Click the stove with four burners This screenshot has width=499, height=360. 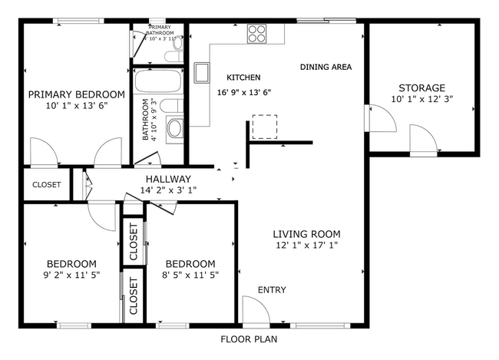[256, 34]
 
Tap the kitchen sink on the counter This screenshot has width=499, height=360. [203, 72]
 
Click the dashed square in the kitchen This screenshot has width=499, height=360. [265, 127]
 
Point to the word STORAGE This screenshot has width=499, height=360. [421, 88]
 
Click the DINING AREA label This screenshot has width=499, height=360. [326, 68]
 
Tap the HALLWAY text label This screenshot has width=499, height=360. [163, 180]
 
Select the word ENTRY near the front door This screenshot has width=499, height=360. [272, 289]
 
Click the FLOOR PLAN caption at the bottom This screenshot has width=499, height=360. [249, 339]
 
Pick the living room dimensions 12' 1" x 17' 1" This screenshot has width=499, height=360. [306, 246]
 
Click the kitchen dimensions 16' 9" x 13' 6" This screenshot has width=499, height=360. [244, 91]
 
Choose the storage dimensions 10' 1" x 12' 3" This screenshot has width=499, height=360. [421, 100]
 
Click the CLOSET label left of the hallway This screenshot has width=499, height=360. [47, 185]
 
